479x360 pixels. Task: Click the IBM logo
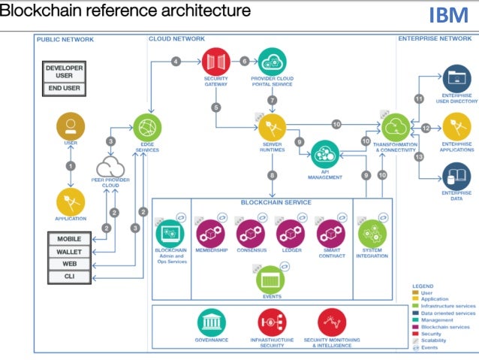[x=448, y=14]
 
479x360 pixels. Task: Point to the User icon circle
[x=71, y=125]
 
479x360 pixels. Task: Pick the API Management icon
[x=325, y=153]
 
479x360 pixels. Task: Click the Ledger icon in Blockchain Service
[x=290, y=233]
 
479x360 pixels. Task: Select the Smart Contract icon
[x=330, y=233]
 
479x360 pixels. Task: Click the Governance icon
[x=212, y=323]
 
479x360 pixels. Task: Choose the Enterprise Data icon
[x=456, y=177]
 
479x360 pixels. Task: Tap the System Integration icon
[x=372, y=233]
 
